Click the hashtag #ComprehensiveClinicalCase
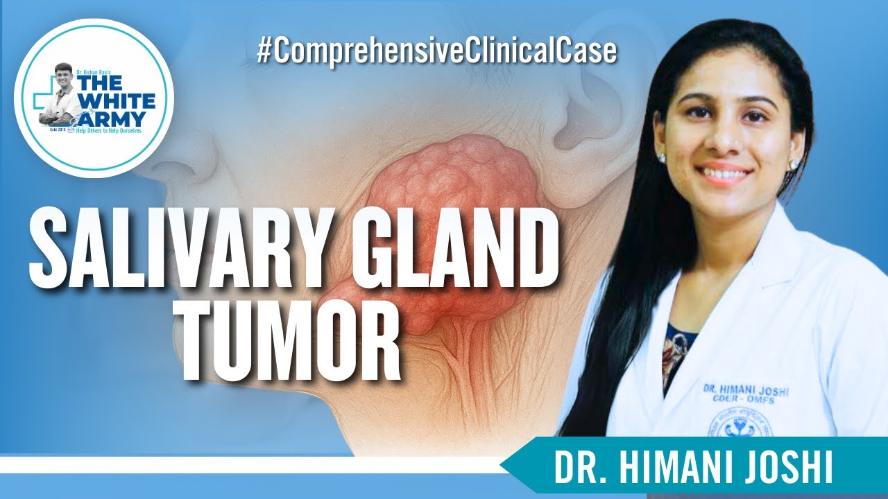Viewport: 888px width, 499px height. [x=436, y=53]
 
